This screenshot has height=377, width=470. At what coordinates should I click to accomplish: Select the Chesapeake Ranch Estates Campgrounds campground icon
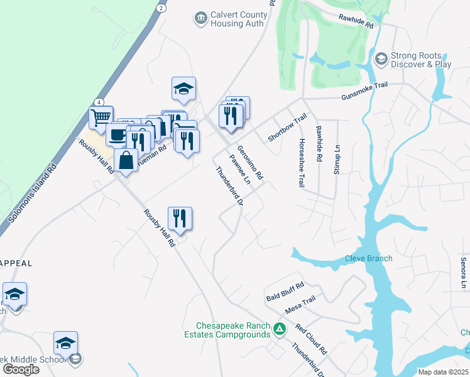[x=281, y=329]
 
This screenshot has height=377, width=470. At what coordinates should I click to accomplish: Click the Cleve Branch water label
[x=368, y=258]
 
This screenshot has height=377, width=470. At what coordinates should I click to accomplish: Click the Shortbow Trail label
[x=287, y=128]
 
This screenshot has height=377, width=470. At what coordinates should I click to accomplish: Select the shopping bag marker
[x=126, y=160]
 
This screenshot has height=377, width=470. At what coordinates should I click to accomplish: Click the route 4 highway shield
[x=99, y=102]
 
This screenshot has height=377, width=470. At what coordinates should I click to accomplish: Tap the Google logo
[x=21, y=369]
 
